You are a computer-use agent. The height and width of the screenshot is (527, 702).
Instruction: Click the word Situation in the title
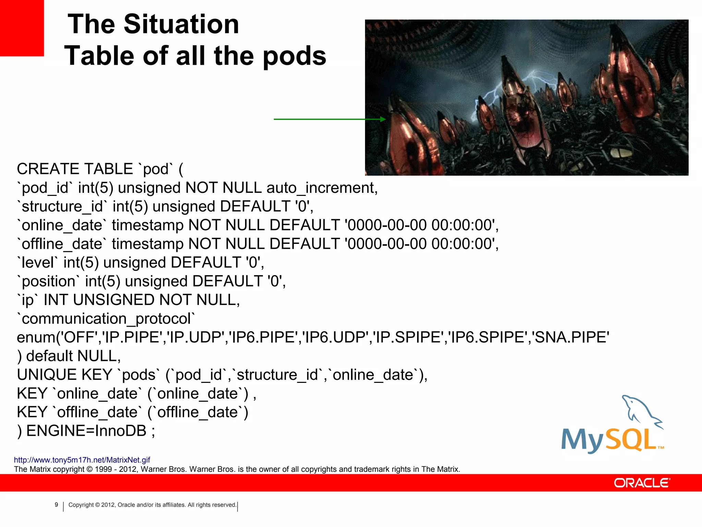click(181, 25)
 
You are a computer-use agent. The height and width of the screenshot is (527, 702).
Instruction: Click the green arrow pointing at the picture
click(329, 119)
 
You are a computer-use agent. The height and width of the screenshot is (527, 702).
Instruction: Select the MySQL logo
click(612, 425)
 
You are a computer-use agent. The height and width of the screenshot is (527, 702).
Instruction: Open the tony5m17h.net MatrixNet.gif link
click(82, 460)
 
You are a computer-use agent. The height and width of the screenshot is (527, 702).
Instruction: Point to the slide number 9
click(57, 505)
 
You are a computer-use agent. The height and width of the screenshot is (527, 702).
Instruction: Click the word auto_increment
click(322, 188)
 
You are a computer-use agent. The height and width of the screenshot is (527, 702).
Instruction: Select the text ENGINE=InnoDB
click(86, 431)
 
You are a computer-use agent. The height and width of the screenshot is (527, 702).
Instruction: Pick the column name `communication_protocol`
click(106, 319)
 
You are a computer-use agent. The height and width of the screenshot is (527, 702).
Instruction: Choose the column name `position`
click(48, 281)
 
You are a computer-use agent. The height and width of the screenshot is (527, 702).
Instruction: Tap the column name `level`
click(37, 263)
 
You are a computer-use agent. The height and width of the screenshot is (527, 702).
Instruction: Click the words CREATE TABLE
click(75, 169)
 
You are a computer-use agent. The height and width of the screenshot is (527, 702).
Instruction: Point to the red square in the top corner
click(22, 27)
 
